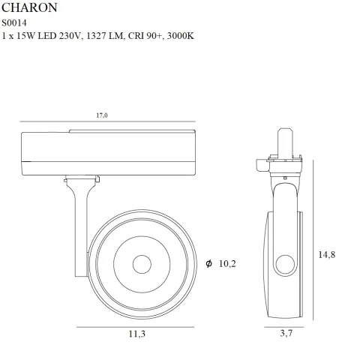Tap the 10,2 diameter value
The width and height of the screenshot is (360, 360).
pos(227,263)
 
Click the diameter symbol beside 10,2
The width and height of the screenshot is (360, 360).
pos(208,263)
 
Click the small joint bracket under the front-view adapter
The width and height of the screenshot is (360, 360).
pos(81,180)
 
